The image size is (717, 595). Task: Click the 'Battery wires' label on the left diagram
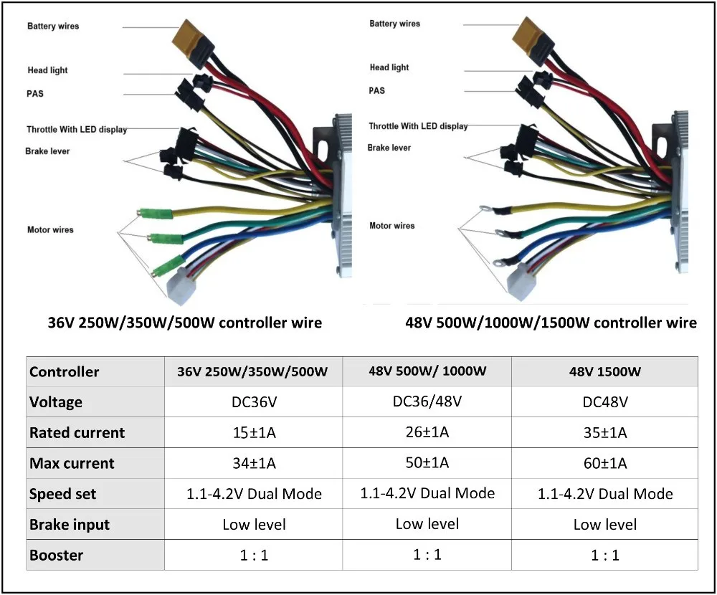point(53,27)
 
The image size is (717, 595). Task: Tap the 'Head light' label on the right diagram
point(389,67)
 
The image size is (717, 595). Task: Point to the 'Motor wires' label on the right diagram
point(391,226)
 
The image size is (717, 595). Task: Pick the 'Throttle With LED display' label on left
point(77,130)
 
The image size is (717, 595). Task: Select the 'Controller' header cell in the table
point(64,372)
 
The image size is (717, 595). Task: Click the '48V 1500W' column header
point(605,372)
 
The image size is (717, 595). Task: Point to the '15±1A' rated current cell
point(254,432)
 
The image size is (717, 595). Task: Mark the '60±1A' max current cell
point(605,463)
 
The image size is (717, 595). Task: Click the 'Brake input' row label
point(70,525)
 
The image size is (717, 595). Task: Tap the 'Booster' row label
point(56,555)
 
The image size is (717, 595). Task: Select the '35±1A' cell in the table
point(605,432)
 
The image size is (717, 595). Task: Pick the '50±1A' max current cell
point(427,462)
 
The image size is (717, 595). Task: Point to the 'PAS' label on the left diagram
point(36,94)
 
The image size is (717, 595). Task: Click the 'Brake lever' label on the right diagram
point(389,148)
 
